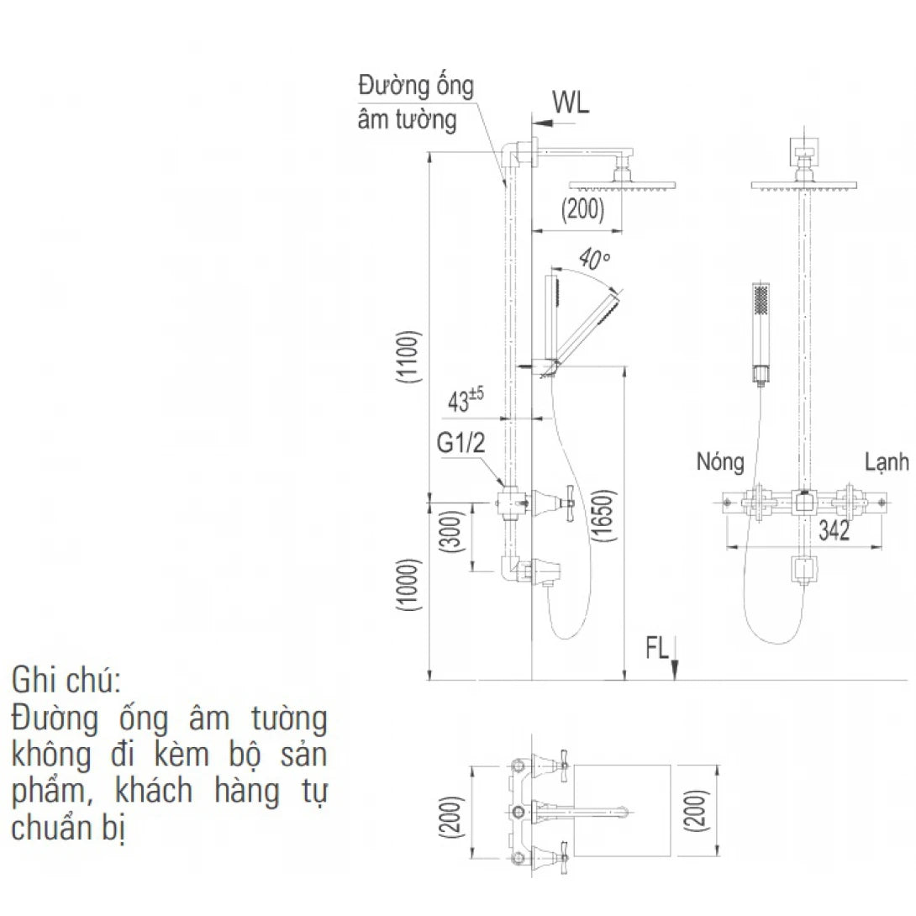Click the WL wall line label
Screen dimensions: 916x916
tap(571, 103)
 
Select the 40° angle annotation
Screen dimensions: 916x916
tap(595, 260)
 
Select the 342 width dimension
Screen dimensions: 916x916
tap(834, 530)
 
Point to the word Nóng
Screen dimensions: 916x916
tap(719, 461)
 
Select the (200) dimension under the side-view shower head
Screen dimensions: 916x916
tap(583, 210)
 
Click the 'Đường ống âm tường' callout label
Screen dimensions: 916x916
tap(416, 103)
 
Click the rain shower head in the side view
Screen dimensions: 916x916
tap(622, 184)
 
